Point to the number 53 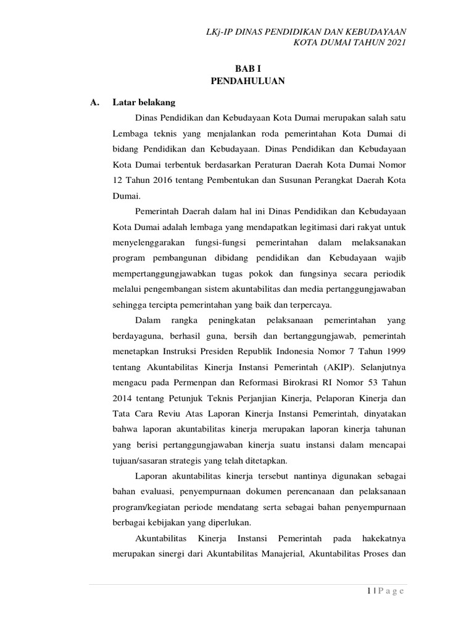(374, 383)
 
